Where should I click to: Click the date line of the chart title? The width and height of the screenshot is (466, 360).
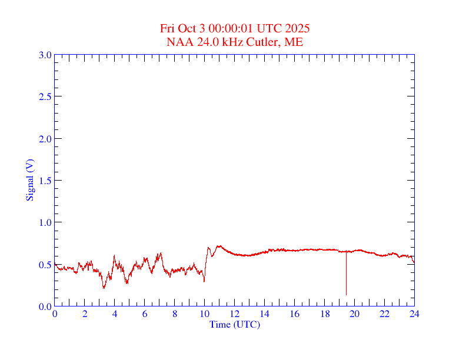tap(235, 29)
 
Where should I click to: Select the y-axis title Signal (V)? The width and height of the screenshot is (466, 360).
tap(29, 180)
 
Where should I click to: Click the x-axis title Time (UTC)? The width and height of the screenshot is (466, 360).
tap(235, 324)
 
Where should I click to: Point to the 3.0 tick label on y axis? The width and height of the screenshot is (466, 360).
tap(45, 55)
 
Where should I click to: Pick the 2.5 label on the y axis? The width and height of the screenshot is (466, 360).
tap(45, 96)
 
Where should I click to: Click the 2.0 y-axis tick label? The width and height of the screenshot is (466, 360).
tap(45, 139)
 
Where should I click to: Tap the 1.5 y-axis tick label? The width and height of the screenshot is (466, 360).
tap(45, 181)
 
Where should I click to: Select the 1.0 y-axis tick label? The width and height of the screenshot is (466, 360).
tap(45, 222)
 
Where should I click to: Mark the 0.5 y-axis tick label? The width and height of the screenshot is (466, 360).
tap(45, 265)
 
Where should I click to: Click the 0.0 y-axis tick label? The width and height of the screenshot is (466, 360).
tap(45, 306)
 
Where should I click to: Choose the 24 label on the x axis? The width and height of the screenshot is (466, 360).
tap(414, 314)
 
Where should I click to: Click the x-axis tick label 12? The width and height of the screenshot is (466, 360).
tap(235, 314)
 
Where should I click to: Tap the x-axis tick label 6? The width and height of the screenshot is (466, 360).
tap(145, 314)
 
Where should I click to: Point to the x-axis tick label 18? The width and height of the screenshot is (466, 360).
tap(325, 314)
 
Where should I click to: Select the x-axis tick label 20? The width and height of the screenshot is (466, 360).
tap(355, 314)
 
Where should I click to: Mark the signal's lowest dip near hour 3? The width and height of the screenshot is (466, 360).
tap(104, 287)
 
